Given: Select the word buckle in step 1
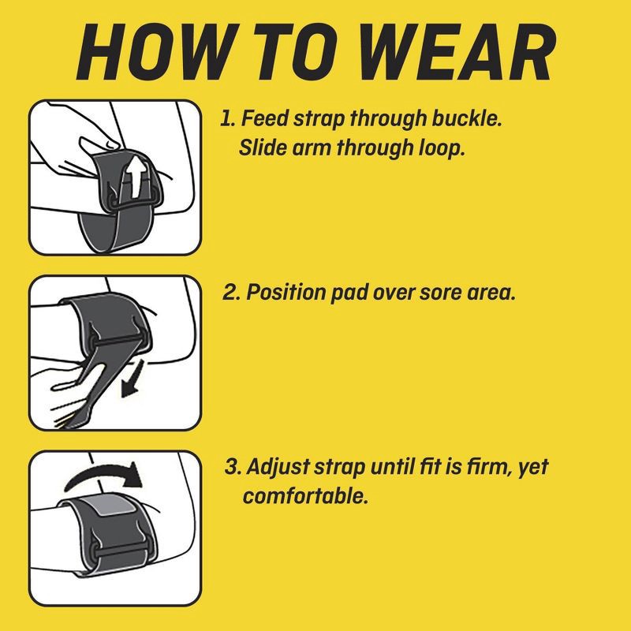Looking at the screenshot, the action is [467, 119].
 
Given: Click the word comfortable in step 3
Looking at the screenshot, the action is [305, 496].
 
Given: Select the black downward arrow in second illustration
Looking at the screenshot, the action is [133, 379].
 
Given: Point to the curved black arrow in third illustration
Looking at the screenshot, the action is [104, 474].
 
